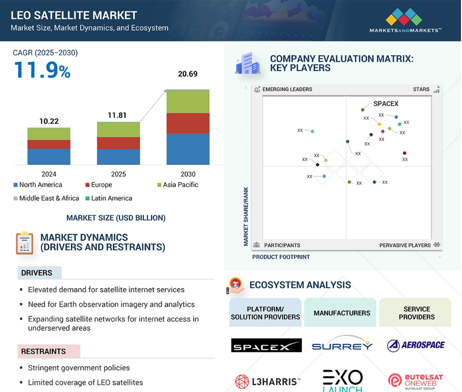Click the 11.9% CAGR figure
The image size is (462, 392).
click(x=42, y=70)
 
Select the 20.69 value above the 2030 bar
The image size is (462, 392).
click(x=187, y=74)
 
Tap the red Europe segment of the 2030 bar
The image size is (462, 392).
click(x=188, y=123)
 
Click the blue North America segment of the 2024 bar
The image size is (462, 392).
click(x=49, y=156)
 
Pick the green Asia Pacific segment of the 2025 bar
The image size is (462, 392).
click(x=119, y=130)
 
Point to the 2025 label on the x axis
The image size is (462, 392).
click(x=119, y=174)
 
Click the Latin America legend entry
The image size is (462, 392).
click(x=109, y=198)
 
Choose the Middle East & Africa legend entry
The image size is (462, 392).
click(x=46, y=198)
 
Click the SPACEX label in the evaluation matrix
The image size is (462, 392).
click(x=386, y=104)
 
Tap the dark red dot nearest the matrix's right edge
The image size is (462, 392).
click(x=404, y=153)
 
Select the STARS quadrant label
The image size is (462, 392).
click(x=421, y=89)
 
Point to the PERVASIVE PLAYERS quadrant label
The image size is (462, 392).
click(x=405, y=245)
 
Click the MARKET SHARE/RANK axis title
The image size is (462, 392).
click(x=246, y=217)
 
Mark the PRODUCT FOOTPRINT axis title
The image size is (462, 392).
click(x=281, y=257)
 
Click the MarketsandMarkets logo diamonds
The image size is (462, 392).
click(x=403, y=17)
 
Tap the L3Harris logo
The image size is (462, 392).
click(x=268, y=381)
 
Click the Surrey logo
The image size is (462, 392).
click(x=342, y=344)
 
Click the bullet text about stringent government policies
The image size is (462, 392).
click(x=79, y=368)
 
